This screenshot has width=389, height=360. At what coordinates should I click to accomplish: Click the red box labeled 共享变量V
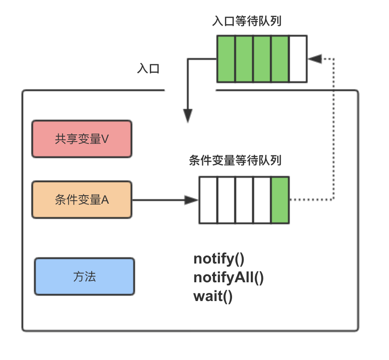coord(82,139)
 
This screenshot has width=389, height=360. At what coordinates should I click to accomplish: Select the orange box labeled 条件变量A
coord(82,200)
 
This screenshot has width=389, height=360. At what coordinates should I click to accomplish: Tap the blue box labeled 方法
coord(84,276)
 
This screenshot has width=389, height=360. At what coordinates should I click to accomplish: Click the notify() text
coord(219,259)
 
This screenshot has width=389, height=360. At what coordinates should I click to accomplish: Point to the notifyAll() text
coord(228,277)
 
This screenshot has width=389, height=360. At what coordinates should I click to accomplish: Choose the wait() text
coord(213,296)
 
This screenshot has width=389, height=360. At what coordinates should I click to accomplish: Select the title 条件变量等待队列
coord(235,160)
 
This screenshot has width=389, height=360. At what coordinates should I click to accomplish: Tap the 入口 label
coord(148,69)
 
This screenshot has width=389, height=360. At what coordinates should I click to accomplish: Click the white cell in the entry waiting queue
coord(298,59)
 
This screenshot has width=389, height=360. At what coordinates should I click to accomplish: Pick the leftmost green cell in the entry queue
coord(226,59)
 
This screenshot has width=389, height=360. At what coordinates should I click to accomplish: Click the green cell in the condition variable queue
coord(280,200)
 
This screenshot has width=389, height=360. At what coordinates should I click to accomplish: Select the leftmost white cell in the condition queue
coord(208,200)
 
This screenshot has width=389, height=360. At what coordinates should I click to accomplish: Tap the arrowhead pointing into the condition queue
coord(191,200)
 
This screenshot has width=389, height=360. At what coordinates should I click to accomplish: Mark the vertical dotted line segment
coord(334,130)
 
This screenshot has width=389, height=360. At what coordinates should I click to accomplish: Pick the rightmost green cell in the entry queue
coord(280,59)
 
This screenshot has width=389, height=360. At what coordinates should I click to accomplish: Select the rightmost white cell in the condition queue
coord(262,200)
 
